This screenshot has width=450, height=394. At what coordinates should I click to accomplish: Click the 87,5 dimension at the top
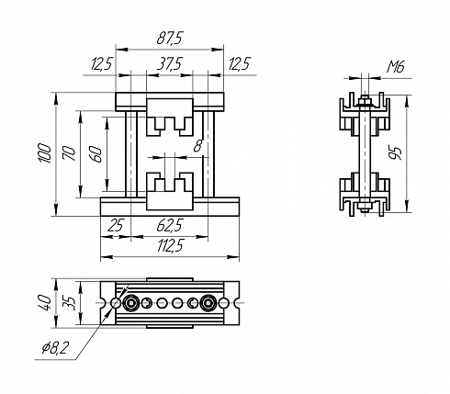coord(170,39)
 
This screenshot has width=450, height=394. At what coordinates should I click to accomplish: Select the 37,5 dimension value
coord(170,64)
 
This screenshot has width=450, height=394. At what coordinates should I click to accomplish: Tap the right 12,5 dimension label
coord(240,64)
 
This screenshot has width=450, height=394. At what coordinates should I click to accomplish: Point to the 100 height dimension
coord(45,153)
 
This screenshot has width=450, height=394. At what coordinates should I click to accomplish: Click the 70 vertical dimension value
coord(69,153)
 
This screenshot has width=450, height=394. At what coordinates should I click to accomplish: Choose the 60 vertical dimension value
coord(96,154)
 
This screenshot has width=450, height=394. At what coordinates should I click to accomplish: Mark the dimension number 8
coord(198,145)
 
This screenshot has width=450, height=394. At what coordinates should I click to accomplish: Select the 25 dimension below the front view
coord(115,226)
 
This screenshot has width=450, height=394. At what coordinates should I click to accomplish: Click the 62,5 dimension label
coord(170,226)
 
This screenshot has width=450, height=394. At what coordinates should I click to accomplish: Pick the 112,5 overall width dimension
coord(170,245)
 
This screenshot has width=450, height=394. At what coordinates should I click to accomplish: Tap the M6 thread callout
coord(396,66)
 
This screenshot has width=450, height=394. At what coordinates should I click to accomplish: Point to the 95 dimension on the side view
coord(395,153)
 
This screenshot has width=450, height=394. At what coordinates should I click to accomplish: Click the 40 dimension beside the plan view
coord(46,303)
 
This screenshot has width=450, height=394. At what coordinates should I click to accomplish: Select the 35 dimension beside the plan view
coord(69,303)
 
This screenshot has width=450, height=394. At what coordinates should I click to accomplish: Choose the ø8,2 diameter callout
coord(56,348)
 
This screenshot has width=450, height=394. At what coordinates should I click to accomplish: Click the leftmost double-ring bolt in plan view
coord(131,303)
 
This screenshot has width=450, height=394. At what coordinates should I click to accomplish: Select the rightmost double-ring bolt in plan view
coord(208,303)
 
